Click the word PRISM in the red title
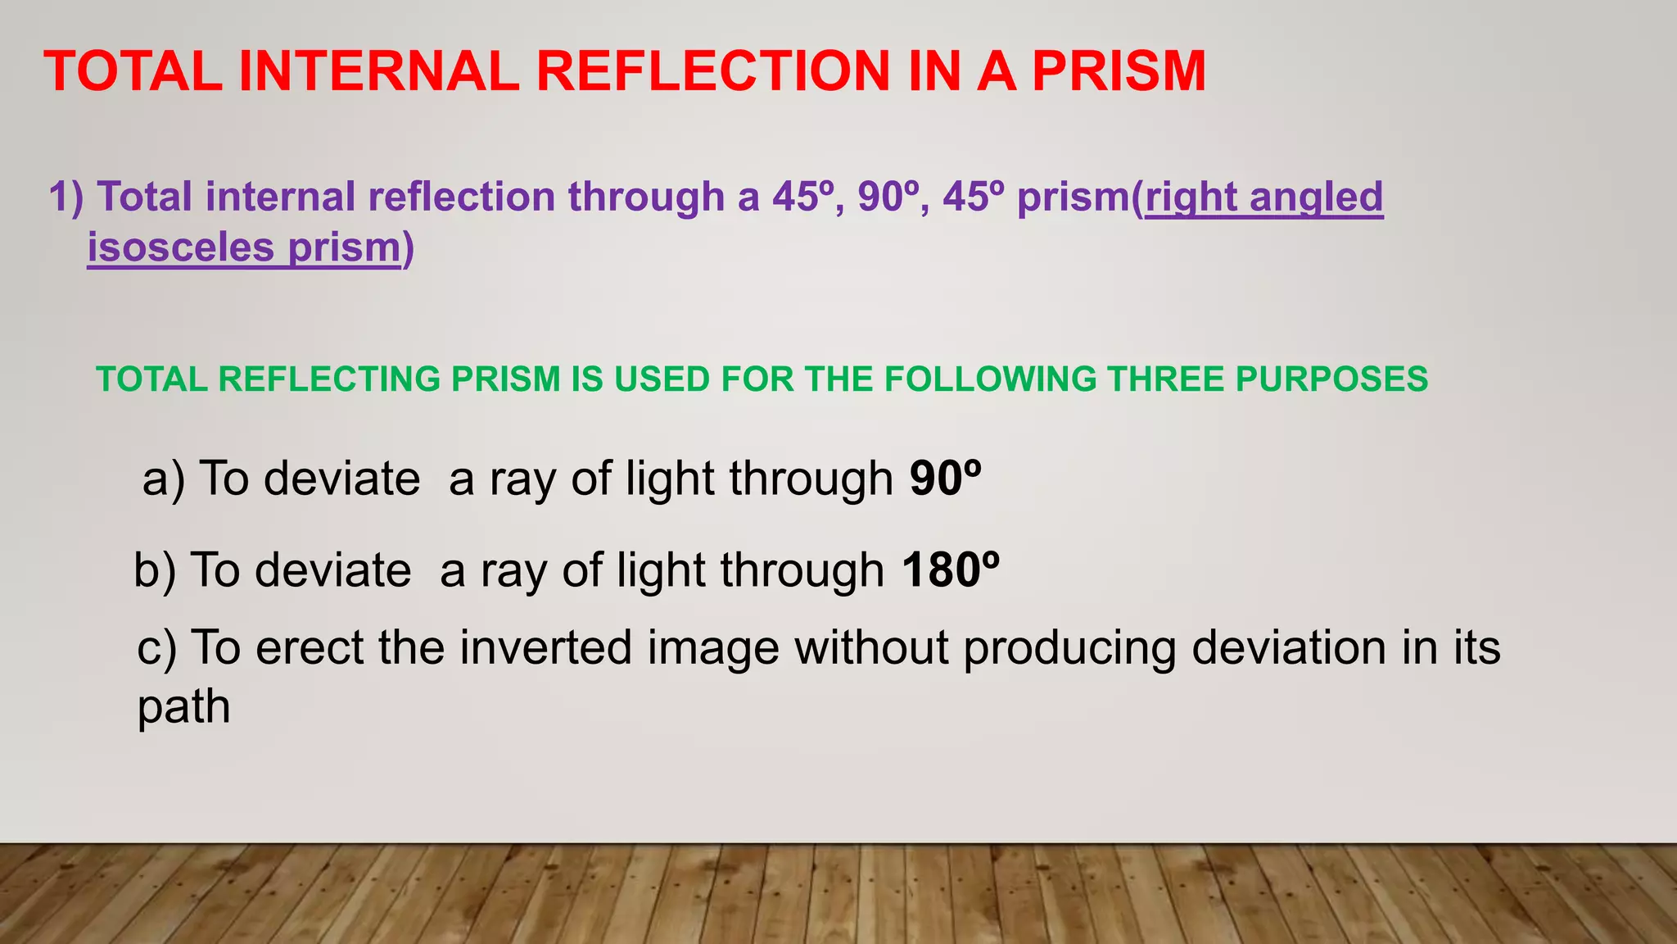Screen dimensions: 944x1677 [x=1119, y=71]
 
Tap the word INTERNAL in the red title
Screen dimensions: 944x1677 [x=379, y=71]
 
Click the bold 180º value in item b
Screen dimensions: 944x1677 [x=951, y=570]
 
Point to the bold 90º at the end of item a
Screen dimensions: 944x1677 [x=946, y=479]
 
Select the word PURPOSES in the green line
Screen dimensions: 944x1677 [x=1331, y=379]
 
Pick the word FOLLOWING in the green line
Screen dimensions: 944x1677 [x=991, y=379]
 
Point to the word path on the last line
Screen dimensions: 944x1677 [x=183, y=706]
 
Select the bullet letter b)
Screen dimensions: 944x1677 [x=155, y=570]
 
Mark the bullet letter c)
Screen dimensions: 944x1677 [x=157, y=647]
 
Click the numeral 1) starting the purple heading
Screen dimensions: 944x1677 [x=66, y=197]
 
